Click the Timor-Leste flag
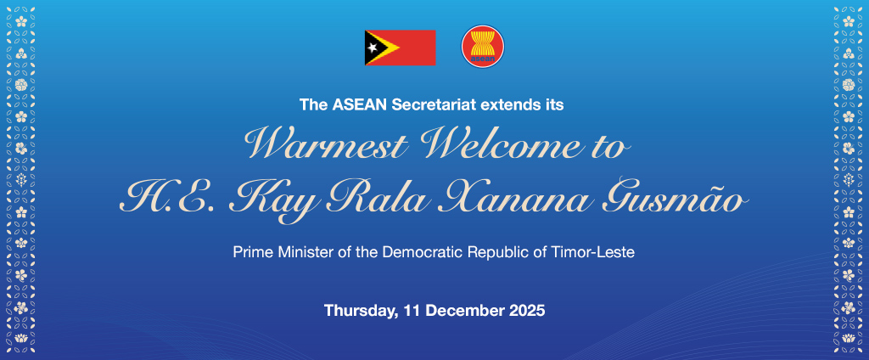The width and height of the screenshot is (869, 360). (x=400, y=48)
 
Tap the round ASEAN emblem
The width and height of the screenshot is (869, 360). (x=483, y=47)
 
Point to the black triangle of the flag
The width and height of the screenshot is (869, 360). (x=373, y=48)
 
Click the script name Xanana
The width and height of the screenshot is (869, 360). (x=527, y=200)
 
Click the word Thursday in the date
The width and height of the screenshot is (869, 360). (x=359, y=311)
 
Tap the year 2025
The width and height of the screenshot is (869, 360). (x=527, y=311)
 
